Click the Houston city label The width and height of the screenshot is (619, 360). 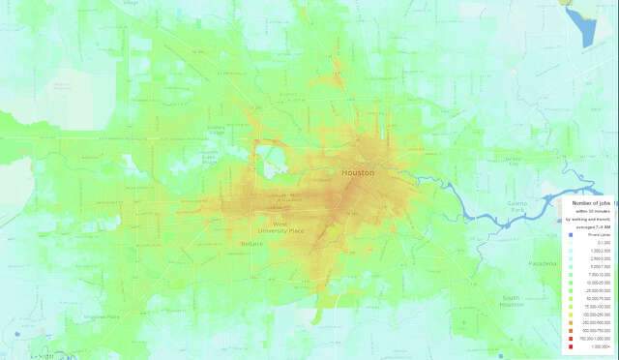click(x=358, y=172)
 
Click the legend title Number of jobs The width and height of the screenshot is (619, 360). click(x=590, y=204)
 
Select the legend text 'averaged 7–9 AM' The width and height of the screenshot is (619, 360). click(x=589, y=225)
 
